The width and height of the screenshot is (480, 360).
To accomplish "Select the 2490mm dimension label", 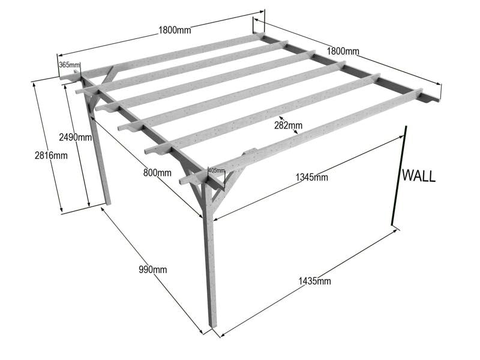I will click(x=75, y=137).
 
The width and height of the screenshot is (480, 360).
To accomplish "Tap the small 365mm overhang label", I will click(x=69, y=65).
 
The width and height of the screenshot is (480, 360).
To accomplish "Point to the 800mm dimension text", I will click(x=157, y=173).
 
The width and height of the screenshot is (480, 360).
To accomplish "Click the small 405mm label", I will click(x=216, y=170).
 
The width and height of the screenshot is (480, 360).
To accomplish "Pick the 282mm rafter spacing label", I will click(x=288, y=125).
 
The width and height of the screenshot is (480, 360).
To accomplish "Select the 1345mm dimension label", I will click(x=312, y=177).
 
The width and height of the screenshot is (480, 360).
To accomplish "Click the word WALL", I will click(x=418, y=176).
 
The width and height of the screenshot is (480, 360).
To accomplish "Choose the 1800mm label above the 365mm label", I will click(x=175, y=30).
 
